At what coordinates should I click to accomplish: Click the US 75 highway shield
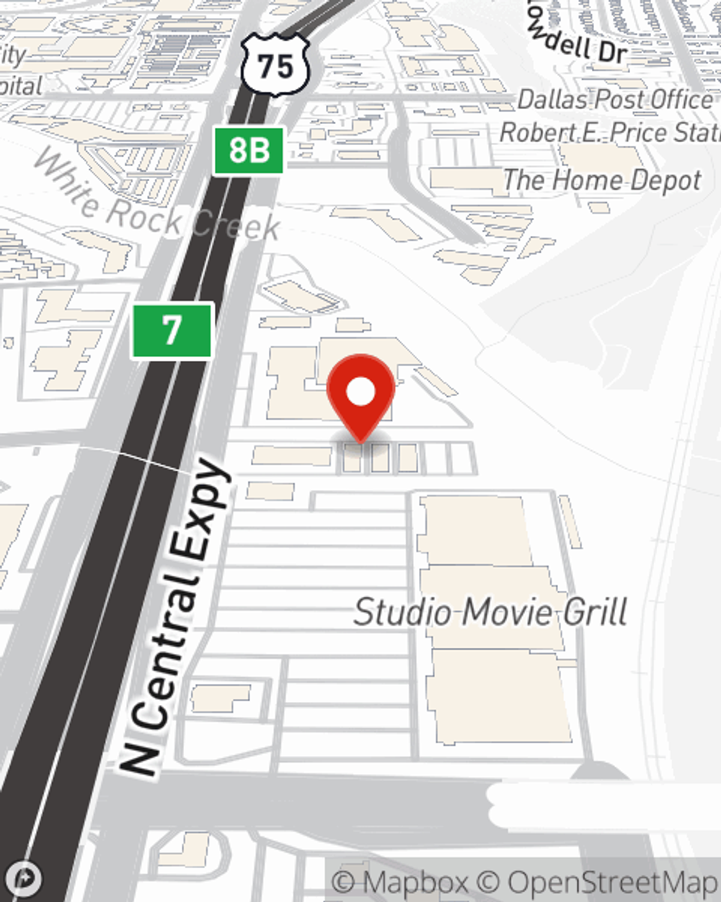point(276,66)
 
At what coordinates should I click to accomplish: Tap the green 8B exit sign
point(249,151)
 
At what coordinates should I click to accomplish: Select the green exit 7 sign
point(172,330)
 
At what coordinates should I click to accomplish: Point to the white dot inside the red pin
point(360,393)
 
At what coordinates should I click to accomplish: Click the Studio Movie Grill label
point(490,612)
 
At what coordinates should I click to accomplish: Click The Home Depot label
point(601,180)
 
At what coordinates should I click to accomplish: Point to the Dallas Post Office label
point(614,100)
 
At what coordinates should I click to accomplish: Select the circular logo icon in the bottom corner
point(26,878)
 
